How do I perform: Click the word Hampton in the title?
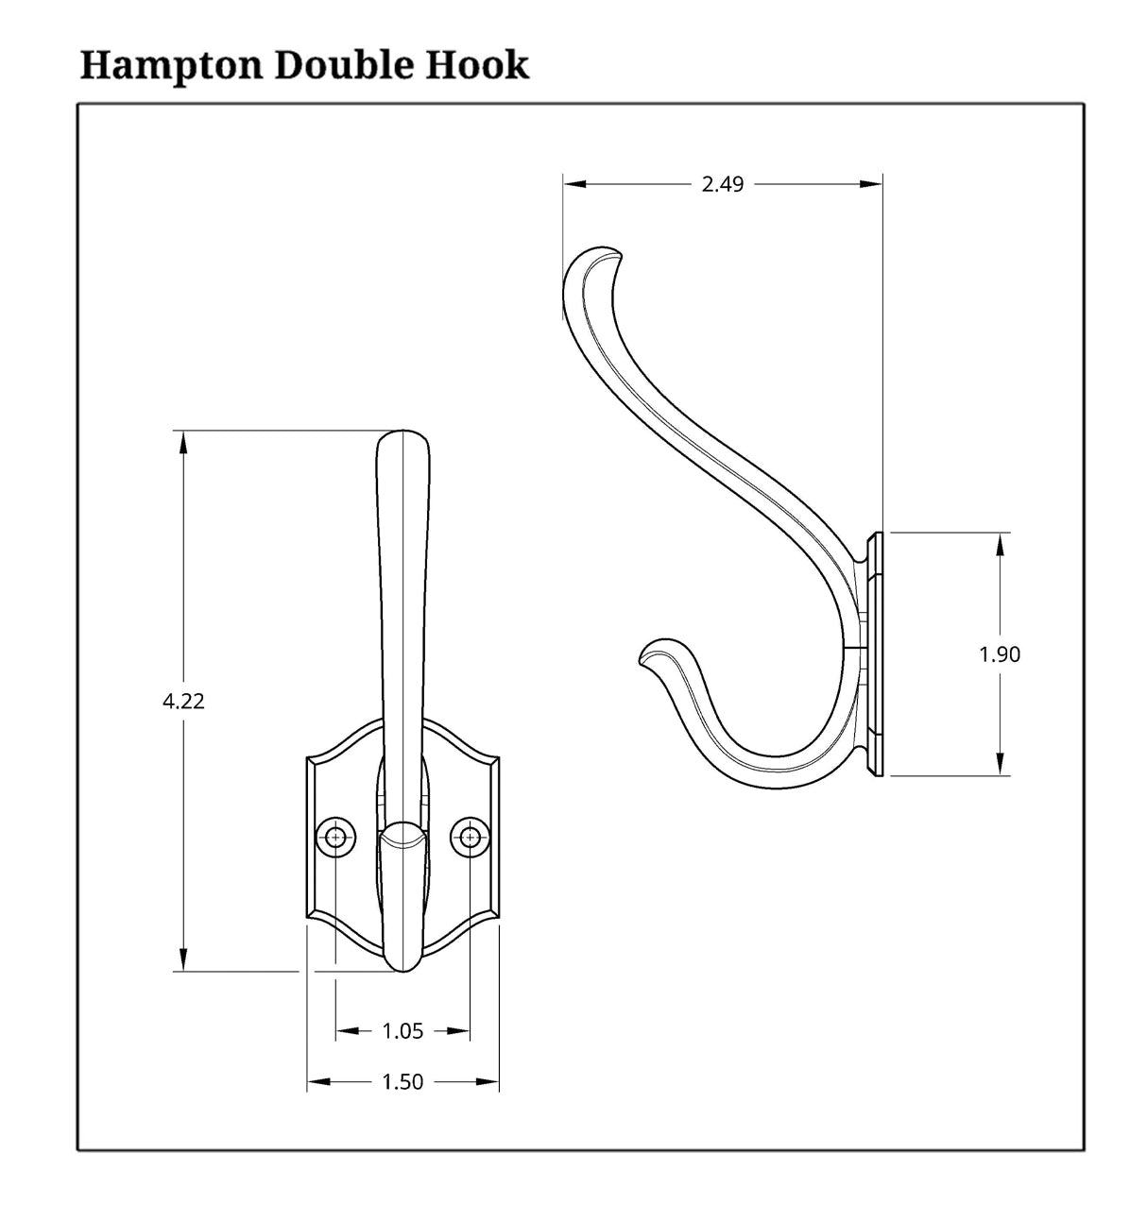(172, 66)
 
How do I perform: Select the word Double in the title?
(344, 64)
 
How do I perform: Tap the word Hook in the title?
(477, 64)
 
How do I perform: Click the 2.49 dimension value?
(723, 184)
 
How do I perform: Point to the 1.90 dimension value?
(1000, 654)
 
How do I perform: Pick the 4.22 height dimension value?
(183, 701)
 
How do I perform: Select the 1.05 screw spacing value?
(402, 1031)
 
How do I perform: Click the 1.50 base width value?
(402, 1082)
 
